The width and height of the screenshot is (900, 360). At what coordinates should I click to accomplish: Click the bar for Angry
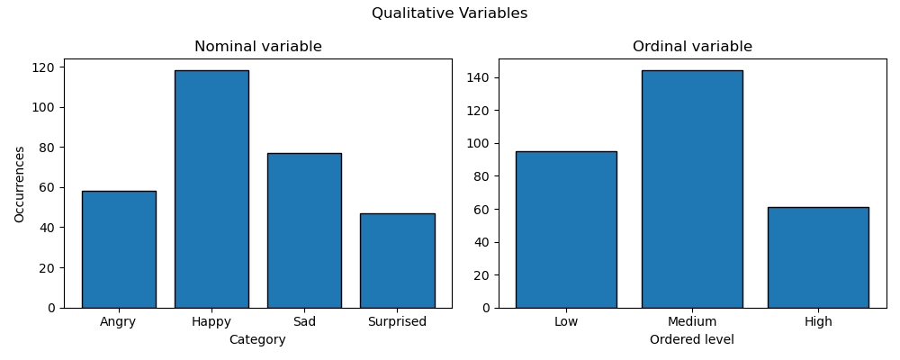pyautogui.click(x=119, y=249)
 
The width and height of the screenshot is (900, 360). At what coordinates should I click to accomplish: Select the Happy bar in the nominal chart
pyautogui.click(x=211, y=189)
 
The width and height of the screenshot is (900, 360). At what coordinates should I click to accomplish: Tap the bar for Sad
pyautogui.click(x=304, y=230)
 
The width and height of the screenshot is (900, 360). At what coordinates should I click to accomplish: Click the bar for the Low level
pyautogui.click(x=566, y=229)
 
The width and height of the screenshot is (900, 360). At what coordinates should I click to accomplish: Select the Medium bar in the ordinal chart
pyautogui.click(x=692, y=189)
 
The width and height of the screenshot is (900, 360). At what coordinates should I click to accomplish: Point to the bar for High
pyautogui.click(x=818, y=257)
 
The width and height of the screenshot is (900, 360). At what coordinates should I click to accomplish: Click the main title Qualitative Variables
pyautogui.click(x=449, y=13)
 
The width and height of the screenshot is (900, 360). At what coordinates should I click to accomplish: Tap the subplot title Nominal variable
pyautogui.click(x=258, y=47)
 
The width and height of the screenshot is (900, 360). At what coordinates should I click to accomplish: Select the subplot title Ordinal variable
pyautogui.click(x=692, y=47)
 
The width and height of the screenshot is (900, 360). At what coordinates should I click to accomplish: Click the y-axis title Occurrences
pyautogui.click(x=20, y=184)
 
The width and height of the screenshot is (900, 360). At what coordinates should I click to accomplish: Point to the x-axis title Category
pyautogui.click(x=257, y=340)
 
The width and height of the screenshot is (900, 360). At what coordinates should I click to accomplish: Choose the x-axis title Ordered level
pyautogui.click(x=692, y=340)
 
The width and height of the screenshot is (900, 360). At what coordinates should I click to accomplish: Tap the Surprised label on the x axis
pyautogui.click(x=397, y=322)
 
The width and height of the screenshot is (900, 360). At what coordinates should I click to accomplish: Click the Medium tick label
pyautogui.click(x=692, y=322)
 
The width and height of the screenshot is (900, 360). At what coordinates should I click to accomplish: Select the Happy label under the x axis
pyautogui.click(x=211, y=322)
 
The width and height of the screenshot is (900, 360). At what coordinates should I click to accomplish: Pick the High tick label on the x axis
pyautogui.click(x=818, y=322)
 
